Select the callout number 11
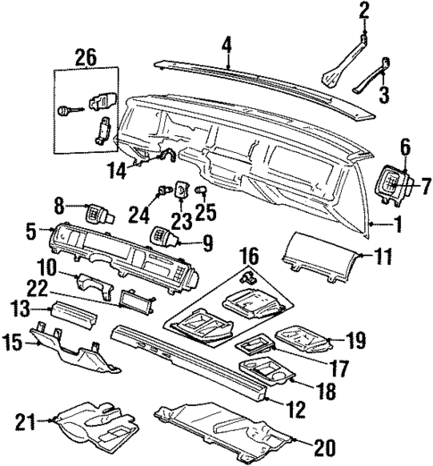coord(382,257)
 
